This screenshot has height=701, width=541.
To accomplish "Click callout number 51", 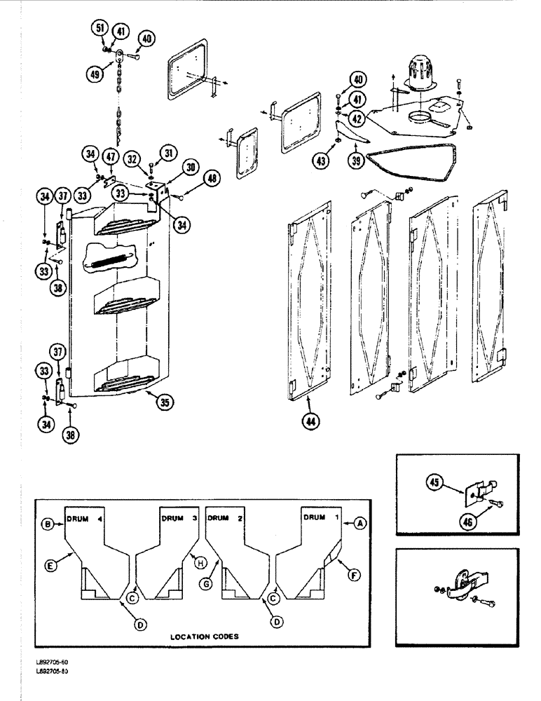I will pyautogui.click(x=100, y=29).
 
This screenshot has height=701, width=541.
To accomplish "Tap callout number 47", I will pyautogui.click(x=111, y=156).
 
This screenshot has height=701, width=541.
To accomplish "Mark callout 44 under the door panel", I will pyautogui.click(x=309, y=421).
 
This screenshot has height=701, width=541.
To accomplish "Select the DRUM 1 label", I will pyautogui.click(x=320, y=517).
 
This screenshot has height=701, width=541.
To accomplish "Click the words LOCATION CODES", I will pyautogui.click(x=204, y=637).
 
